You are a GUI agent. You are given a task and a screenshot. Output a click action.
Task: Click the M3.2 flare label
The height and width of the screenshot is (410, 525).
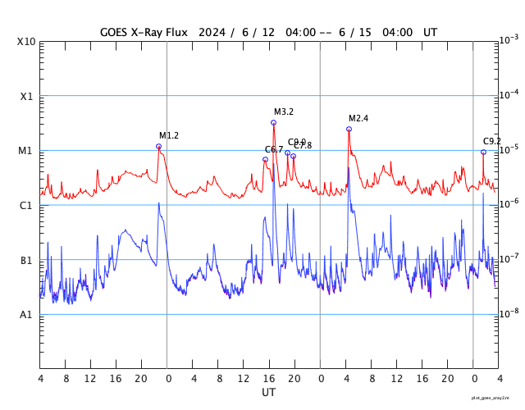284,112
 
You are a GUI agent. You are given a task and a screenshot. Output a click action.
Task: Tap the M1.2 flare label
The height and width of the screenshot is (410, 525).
169,135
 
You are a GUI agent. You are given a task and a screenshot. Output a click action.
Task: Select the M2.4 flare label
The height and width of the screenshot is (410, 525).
358,118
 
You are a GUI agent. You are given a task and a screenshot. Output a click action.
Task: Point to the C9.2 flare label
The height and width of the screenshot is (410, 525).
492,141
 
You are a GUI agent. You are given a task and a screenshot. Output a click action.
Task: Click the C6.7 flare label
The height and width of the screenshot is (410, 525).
273,149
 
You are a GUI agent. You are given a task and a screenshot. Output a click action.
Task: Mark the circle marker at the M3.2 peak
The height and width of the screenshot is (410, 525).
273,122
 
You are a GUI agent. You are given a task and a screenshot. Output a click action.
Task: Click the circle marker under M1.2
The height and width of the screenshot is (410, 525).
158,146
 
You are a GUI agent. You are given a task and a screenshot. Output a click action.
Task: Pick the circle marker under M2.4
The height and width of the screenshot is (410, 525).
349,129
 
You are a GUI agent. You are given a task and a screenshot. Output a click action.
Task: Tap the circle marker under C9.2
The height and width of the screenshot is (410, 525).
483,152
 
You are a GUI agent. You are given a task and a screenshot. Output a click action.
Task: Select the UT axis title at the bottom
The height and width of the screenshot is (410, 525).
268,393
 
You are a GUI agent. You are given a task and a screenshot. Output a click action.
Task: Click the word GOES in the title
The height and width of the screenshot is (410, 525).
117,32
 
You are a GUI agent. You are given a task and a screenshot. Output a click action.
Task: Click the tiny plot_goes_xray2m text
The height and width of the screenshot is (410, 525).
495,397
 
